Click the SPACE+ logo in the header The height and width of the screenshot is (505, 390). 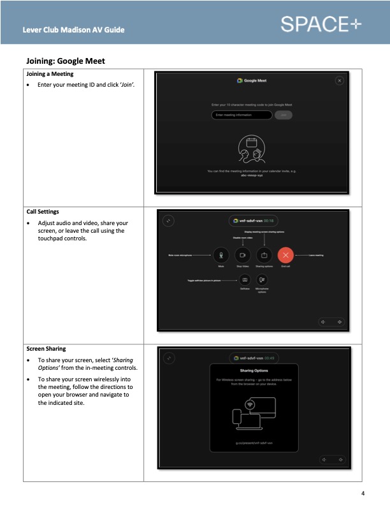(320, 25)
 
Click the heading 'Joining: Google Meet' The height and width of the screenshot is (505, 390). (66, 61)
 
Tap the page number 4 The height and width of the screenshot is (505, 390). (363, 493)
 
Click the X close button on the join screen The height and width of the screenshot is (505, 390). (339, 80)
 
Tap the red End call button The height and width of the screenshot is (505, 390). (286, 254)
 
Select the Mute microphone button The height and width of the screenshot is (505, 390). (220, 254)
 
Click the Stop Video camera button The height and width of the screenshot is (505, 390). (242, 254)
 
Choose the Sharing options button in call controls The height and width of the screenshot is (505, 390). (264, 254)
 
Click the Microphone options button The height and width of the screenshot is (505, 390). (262, 279)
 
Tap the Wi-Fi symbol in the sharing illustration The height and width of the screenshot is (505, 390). (250, 404)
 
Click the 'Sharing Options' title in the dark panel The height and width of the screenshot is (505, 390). (253, 370)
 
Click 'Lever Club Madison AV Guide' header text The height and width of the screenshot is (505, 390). (73, 30)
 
